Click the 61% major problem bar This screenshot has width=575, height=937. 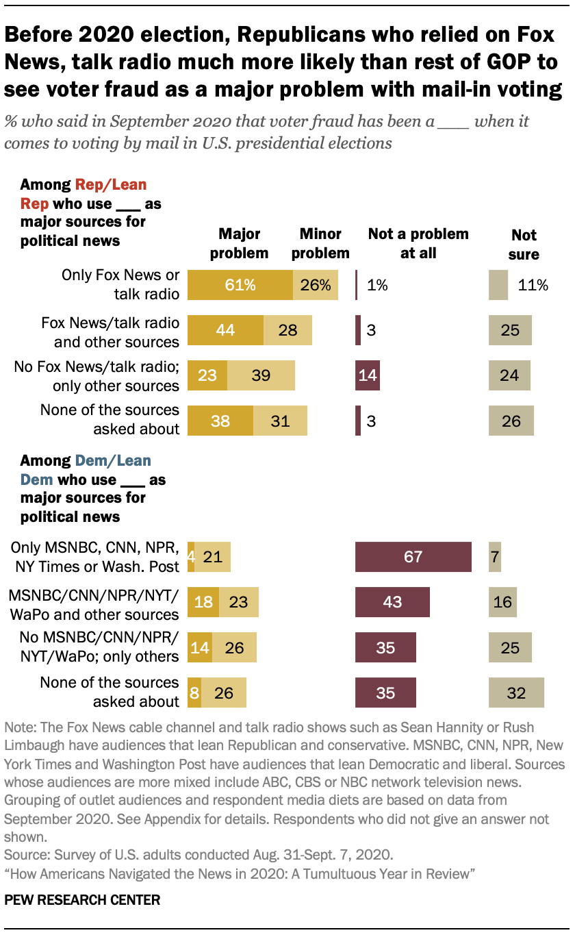tap(240, 285)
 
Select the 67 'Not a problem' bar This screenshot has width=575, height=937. tap(413, 556)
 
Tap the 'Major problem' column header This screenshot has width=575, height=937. tap(239, 244)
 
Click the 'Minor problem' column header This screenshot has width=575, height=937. tap(320, 244)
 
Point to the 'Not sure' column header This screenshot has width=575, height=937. tap(524, 245)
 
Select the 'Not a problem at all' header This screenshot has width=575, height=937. tap(418, 243)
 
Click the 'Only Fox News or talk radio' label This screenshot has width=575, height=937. tap(120, 284)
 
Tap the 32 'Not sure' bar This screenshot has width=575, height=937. tap(516, 692)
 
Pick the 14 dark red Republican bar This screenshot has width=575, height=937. tap(368, 375)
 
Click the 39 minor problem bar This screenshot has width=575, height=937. tap(261, 375)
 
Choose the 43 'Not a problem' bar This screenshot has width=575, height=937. tap(392, 601)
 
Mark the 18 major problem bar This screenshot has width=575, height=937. tap(203, 601)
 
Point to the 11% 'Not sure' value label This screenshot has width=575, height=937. tap(533, 285)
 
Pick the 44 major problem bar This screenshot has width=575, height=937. tap(225, 330)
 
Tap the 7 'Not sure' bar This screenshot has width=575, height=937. tap(495, 556)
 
